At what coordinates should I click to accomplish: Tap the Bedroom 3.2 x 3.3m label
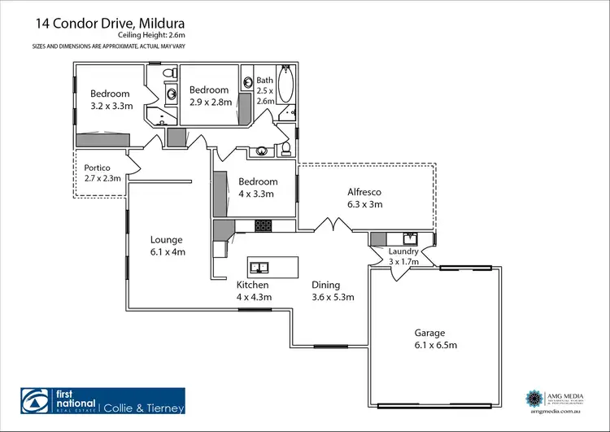pos(110,99)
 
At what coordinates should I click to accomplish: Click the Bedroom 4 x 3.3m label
pos(257,188)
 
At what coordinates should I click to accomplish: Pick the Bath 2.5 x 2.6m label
pos(266,90)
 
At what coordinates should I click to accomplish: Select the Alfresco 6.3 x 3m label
pos(364,198)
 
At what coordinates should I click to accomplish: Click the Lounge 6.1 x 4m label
pos(168,246)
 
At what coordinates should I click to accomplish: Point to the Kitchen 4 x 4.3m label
pos(253,291)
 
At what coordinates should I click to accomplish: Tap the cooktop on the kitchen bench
pos(264,225)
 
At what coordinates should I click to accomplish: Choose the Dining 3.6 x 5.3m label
pos(333,291)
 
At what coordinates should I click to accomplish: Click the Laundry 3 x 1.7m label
pos(403,256)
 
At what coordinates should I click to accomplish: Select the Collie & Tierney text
pos(143,408)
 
